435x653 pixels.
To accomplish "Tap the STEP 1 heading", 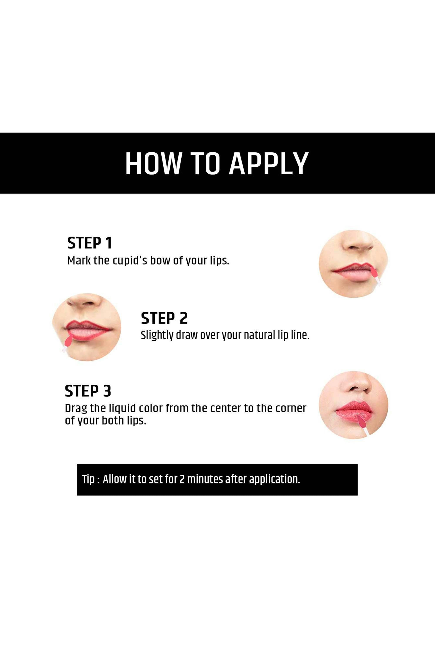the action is [89, 243].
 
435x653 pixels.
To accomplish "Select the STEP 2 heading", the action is [164, 318].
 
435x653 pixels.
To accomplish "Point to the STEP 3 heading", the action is [88, 391].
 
